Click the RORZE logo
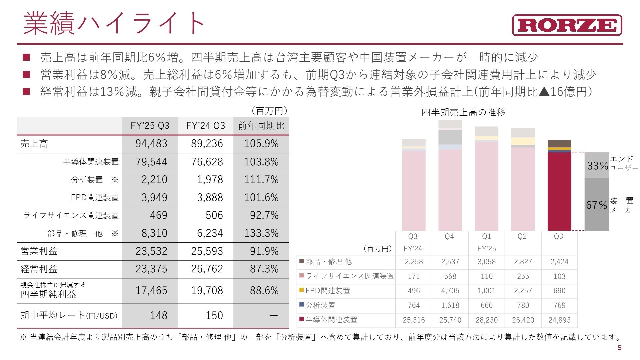click(567, 25)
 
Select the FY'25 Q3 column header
click(150, 126)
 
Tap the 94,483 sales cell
click(151, 144)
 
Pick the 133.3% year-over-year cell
click(261, 233)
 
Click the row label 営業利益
click(39, 251)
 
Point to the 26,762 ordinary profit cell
click(207, 269)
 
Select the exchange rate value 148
click(158, 315)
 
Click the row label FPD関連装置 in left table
click(95, 197)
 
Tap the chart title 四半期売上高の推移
click(463, 112)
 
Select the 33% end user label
click(597, 166)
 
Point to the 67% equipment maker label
click(596, 205)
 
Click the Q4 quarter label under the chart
click(449, 237)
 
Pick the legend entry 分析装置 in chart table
click(320, 305)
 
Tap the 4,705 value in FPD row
click(450, 291)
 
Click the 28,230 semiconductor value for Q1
click(486, 320)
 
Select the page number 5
click(620, 348)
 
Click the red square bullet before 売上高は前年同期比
click(27, 57)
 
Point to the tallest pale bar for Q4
click(450, 190)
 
